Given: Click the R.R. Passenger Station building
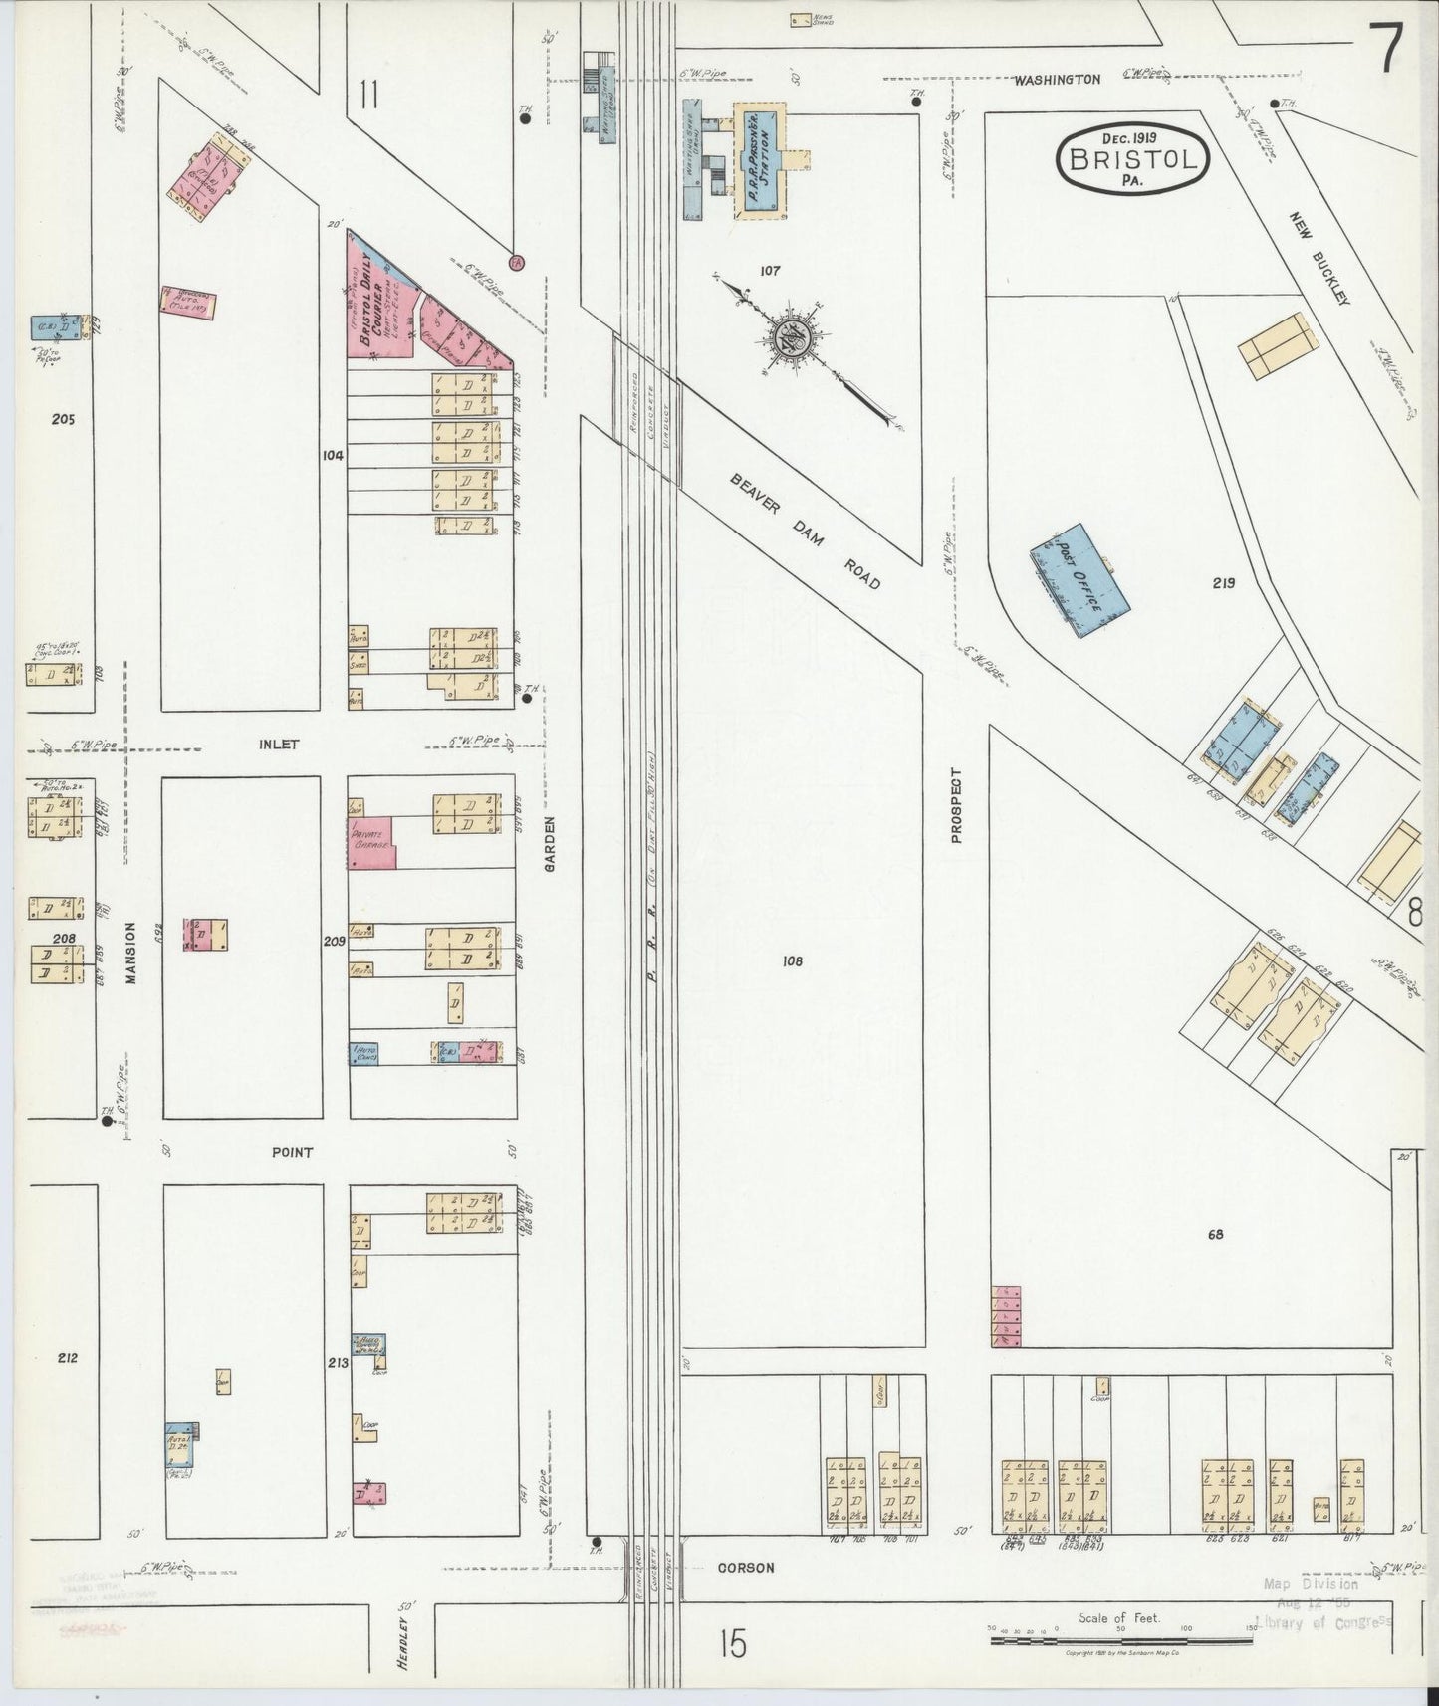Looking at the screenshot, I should coord(760,160).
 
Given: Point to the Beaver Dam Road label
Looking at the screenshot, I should coord(806,531).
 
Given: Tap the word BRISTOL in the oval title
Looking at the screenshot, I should coord(1133,159).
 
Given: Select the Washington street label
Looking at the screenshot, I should coord(1058,79).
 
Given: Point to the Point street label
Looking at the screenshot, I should coord(292,1152).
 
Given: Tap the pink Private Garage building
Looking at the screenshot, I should coord(370,843).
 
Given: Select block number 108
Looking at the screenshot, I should coord(792,961).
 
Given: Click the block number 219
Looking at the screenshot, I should coord(1223,583).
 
